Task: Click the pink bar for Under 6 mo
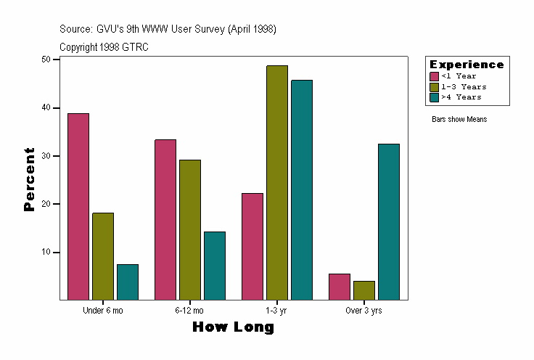tap(78, 206)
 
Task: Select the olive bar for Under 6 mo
tap(103, 255)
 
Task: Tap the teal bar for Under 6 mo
tap(128, 282)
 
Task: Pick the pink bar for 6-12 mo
tap(165, 219)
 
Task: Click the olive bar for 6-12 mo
tap(190, 229)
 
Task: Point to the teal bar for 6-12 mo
tap(215, 265)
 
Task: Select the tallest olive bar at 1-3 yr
tap(277, 182)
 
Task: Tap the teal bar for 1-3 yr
tap(302, 189)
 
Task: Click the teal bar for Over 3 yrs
tap(389, 221)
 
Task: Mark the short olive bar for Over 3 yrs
tap(364, 290)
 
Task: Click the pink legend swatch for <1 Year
tap(435, 76)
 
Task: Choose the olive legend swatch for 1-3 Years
tap(435, 86)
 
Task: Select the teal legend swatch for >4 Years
tap(435, 97)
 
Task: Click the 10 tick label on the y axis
tap(51, 253)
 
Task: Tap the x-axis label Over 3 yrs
tap(364, 311)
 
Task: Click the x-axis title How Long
tap(234, 327)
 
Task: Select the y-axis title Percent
tap(29, 179)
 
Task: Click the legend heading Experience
tap(467, 65)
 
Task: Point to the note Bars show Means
tap(459, 119)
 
